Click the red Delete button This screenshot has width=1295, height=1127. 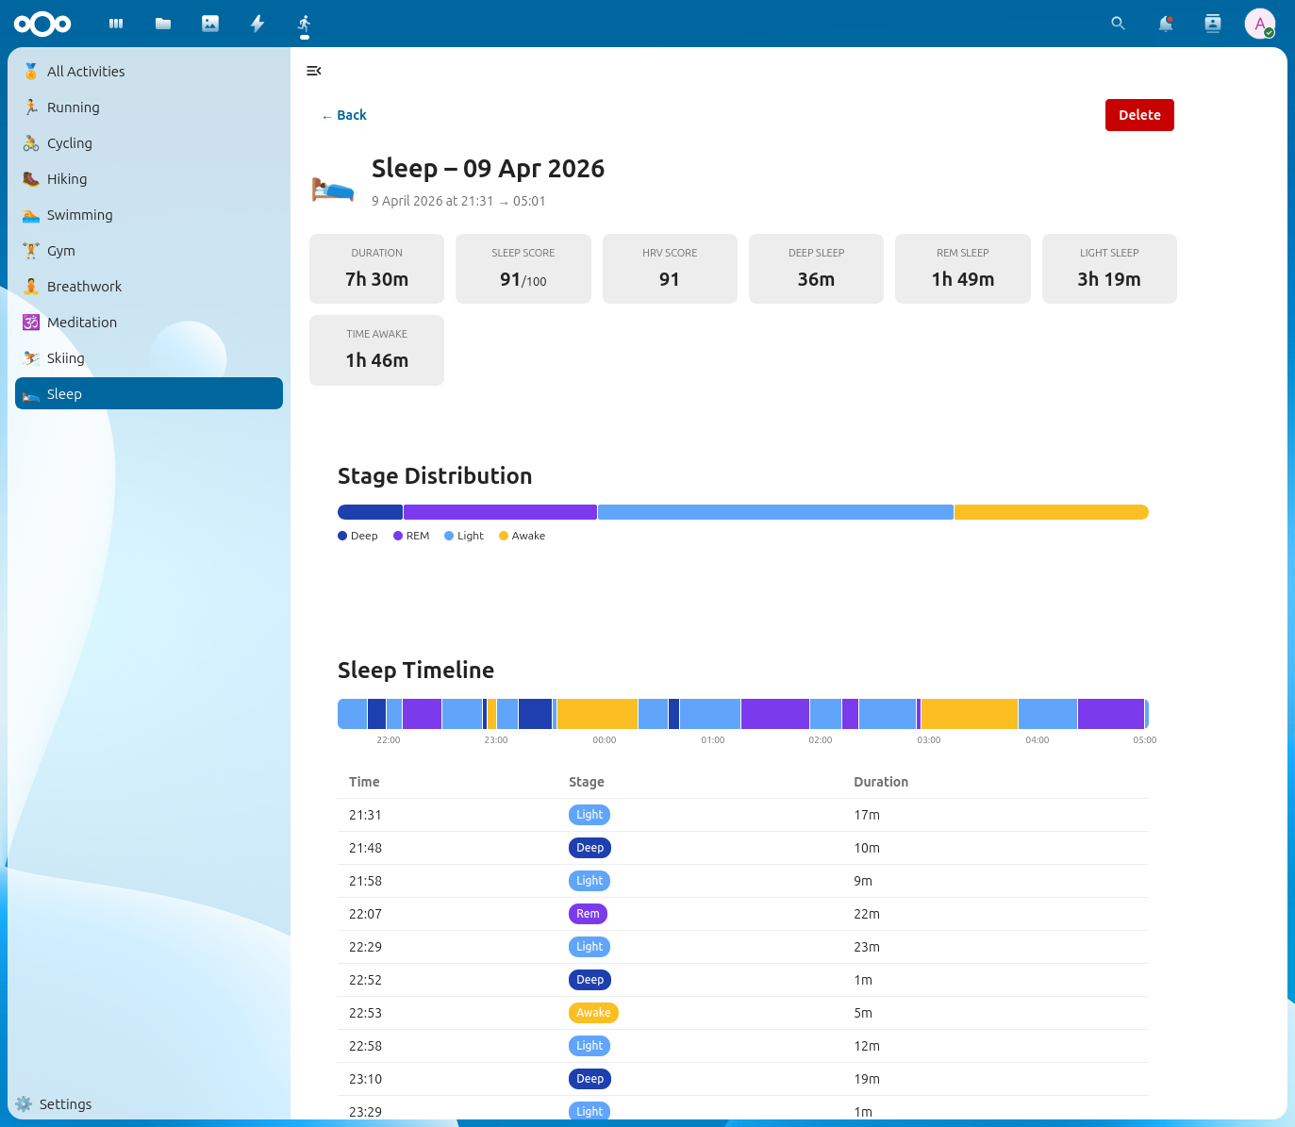pos(1138,115)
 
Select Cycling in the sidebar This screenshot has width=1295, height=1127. pos(70,143)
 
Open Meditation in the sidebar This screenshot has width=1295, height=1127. pos(82,323)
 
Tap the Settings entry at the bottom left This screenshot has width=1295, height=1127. pos(64,1104)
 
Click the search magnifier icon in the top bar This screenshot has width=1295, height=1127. pos(1118,24)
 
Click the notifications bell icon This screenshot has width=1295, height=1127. pos(1165,24)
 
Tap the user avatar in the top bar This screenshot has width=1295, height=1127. pos(1259,24)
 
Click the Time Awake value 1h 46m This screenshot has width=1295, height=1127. pos(376,360)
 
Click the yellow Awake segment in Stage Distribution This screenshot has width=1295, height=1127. pos(1051,512)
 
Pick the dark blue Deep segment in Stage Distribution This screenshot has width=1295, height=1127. pos(370,512)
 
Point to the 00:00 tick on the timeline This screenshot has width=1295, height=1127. pos(605,740)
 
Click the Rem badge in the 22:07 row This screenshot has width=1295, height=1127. pos(588,914)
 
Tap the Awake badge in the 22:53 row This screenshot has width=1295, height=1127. pos(593,1013)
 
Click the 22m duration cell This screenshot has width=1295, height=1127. pos(867,914)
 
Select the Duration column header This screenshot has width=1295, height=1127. pos(881,782)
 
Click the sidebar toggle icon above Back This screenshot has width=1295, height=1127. pos(314,71)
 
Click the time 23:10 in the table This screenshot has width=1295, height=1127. pos(365,1079)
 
